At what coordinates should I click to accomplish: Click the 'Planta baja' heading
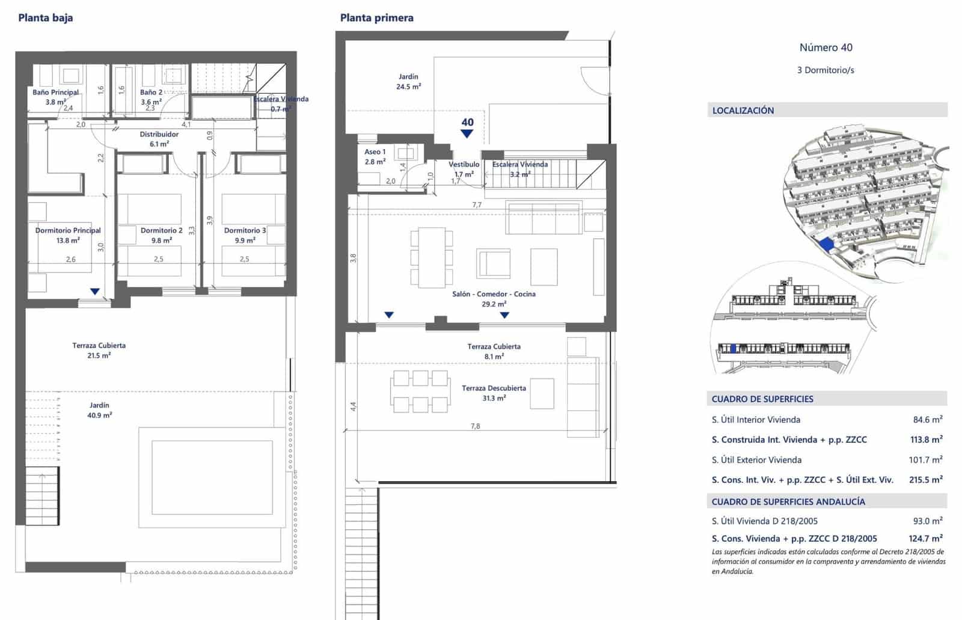pos(46,18)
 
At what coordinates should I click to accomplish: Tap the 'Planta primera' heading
pos(377,18)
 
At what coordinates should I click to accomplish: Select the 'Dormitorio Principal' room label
pos(68,230)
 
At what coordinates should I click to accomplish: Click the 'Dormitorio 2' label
pos(161,230)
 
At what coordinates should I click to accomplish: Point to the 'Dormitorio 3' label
pos(245,230)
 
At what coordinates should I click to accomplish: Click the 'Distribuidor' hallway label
pos(159,134)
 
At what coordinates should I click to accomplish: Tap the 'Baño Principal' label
pos(55,93)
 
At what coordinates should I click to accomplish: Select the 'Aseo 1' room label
pos(375,152)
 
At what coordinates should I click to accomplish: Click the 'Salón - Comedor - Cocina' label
pos(494,294)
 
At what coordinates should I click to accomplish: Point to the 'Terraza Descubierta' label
pos(494,388)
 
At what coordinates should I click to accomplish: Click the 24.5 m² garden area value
pos(408,87)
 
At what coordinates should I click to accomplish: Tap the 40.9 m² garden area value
pos(100,415)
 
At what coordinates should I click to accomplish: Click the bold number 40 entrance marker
pos(467,122)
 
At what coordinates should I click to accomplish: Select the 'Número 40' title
pos(826,48)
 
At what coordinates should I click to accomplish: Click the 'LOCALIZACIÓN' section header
pos(743,111)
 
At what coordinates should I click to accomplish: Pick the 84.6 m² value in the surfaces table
pos(927,420)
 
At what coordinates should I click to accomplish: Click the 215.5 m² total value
pos(925,480)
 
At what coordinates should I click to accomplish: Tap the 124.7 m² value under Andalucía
pos(925,539)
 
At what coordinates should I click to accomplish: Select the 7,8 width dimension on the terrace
pos(475,426)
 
